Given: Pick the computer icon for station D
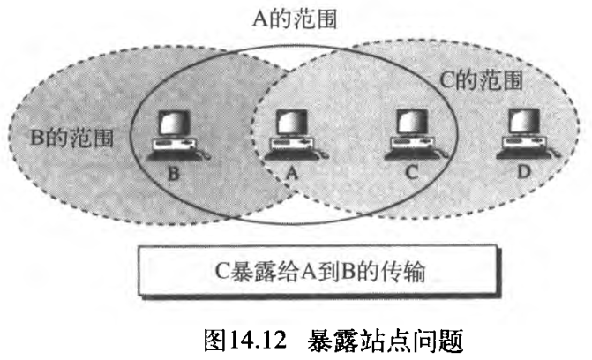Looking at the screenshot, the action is point(523,135).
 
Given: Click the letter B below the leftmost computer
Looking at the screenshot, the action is point(174,174).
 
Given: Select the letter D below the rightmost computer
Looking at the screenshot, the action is point(523,174).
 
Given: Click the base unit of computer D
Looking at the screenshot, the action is point(521,146).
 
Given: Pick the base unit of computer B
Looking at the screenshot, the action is point(174,146).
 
